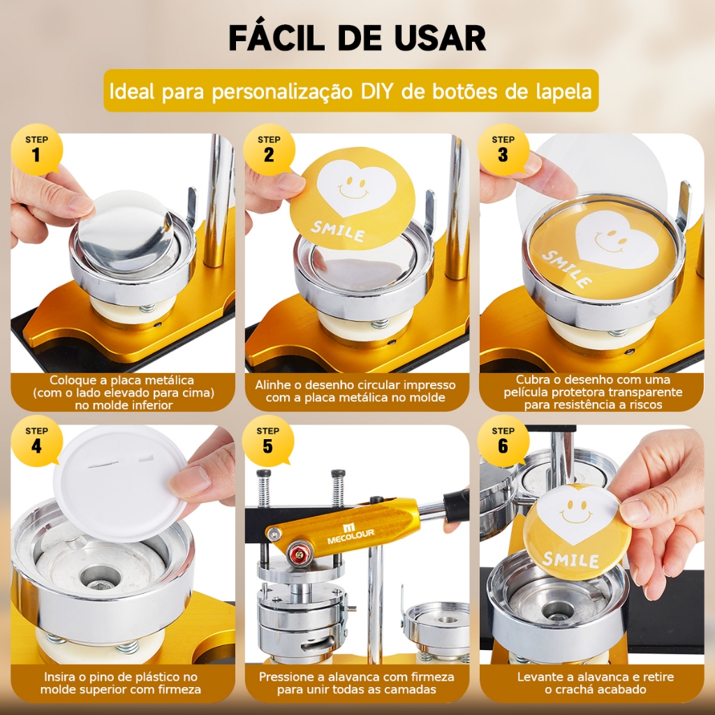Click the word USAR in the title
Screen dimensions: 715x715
coord(441,38)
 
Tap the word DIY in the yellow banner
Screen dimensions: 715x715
coord(376,91)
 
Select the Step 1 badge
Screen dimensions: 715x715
coord(36,149)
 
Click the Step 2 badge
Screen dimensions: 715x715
coord(269,149)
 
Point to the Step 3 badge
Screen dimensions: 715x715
coord(503,149)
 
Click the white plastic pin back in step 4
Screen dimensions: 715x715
coord(121,482)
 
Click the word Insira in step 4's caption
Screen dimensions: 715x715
coord(59,677)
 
